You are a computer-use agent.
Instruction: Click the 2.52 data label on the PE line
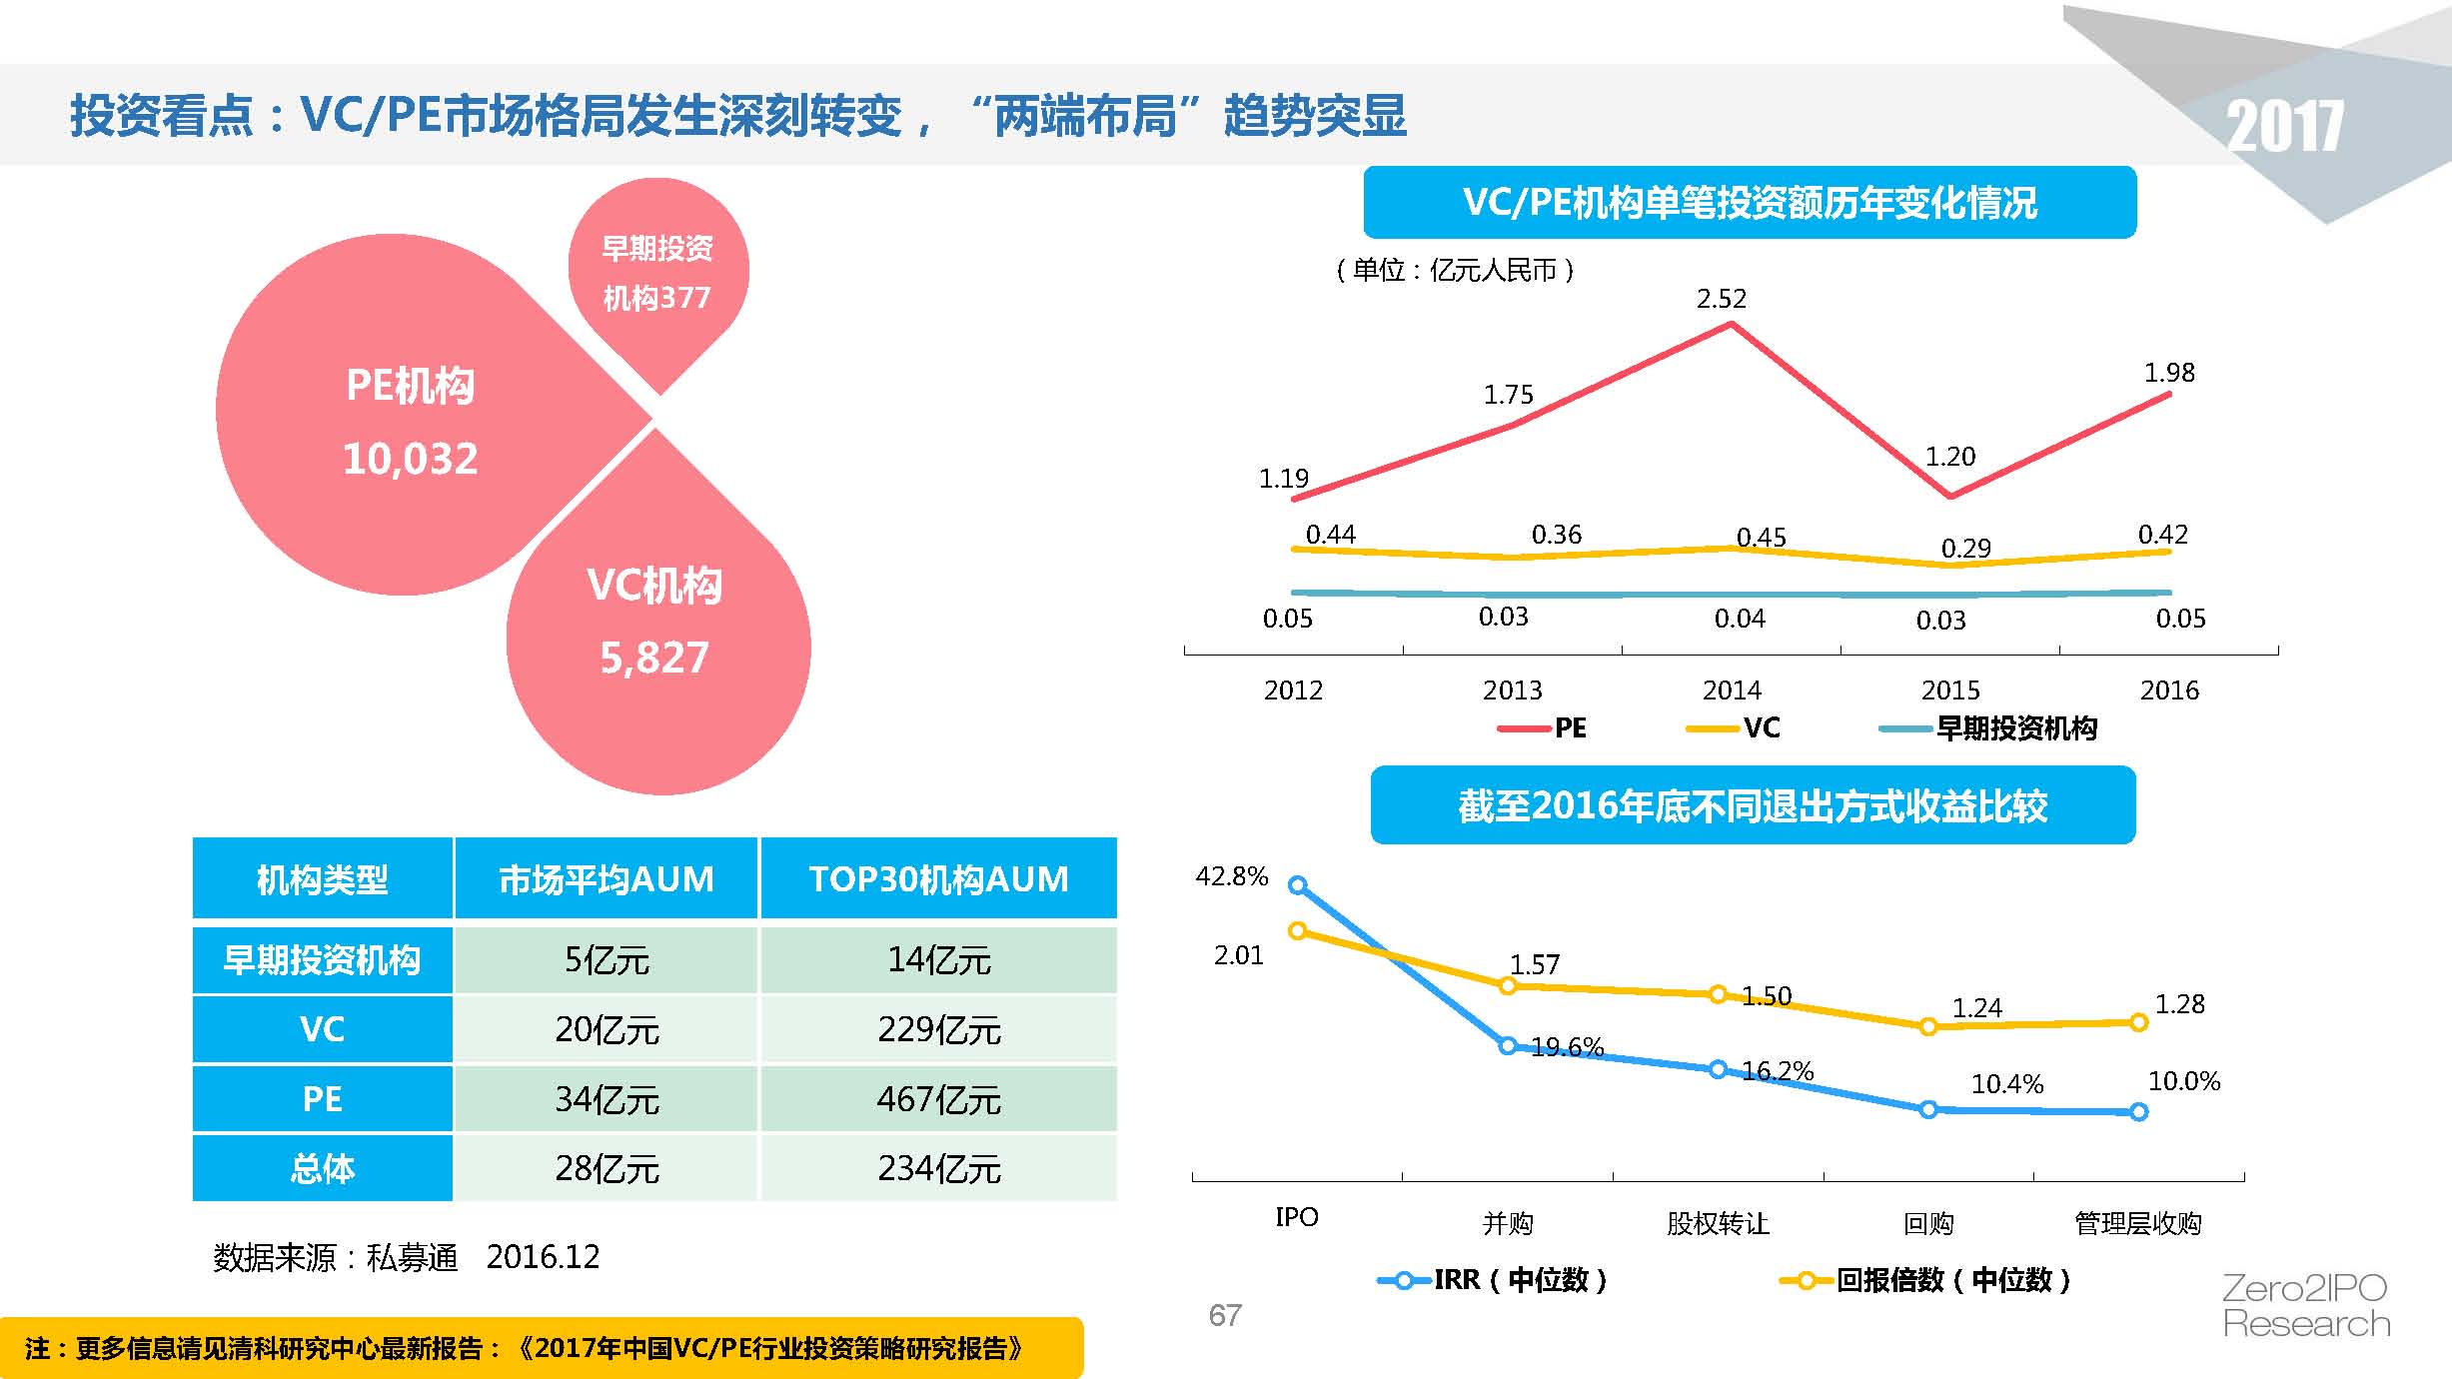pyautogui.click(x=1721, y=299)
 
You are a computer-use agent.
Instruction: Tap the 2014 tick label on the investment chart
pyautogui.click(x=1732, y=690)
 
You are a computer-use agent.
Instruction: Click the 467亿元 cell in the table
pyautogui.click(x=938, y=1099)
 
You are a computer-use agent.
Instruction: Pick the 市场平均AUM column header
pyautogui.click(x=606, y=879)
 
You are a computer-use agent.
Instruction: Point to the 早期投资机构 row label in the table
pyautogui.click(x=322, y=960)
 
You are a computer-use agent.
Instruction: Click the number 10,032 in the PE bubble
pyautogui.click(x=410, y=459)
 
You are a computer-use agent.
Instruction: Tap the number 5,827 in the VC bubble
pyautogui.click(x=654, y=658)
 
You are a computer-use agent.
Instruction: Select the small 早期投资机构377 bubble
pyautogui.click(x=657, y=273)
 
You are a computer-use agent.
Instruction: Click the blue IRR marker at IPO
pyautogui.click(x=1297, y=884)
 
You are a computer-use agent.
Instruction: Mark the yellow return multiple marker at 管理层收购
pyautogui.click(x=2138, y=1022)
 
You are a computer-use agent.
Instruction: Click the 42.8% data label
pyautogui.click(x=1231, y=876)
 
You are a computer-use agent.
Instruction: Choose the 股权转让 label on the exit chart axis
pyautogui.click(x=1718, y=1223)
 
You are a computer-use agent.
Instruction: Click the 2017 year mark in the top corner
pyautogui.click(x=2284, y=127)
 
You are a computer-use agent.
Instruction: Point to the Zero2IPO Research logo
pyautogui.click(x=2305, y=1306)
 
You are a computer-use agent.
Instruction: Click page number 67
pyautogui.click(x=1225, y=1315)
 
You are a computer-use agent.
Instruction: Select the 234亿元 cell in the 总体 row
pyautogui.click(x=938, y=1168)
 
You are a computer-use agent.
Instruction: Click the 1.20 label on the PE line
pyautogui.click(x=1949, y=457)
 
